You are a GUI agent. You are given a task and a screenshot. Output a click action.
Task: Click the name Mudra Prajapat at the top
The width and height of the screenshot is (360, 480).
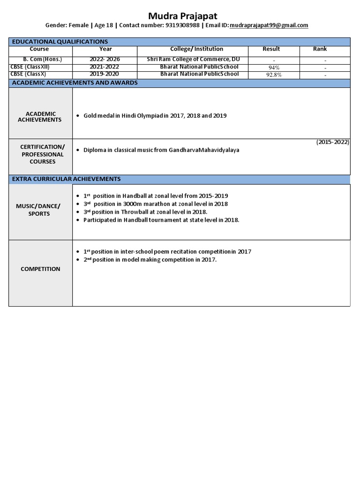(180, 16)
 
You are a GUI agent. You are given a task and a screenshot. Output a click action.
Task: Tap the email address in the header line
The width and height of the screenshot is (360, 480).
(269, 25)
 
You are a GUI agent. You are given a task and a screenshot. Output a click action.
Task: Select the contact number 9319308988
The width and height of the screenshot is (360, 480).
(182, 25)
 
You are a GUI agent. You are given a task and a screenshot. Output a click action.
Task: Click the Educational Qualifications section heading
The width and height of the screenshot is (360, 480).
(60, 42)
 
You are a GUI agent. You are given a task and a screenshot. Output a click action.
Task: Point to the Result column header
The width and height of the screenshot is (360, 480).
(271, 49)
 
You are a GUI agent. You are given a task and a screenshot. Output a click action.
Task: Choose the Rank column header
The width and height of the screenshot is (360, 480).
(320, 49)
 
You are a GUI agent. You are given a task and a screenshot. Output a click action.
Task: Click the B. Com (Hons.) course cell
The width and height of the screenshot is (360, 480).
(39, 60)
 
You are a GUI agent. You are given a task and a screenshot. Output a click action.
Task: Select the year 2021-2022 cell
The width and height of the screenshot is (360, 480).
(105, 67)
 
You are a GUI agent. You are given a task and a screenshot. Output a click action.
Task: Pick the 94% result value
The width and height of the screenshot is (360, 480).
(274, 67)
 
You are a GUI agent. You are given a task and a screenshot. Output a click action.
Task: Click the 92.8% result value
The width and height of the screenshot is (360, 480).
(274, 75)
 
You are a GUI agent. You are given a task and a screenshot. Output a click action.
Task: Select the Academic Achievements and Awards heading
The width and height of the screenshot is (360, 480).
(75, 82)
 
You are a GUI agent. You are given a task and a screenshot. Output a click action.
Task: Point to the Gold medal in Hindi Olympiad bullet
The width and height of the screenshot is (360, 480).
(155, 115)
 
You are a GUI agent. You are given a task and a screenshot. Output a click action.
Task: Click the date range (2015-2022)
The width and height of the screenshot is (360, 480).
(332, 142)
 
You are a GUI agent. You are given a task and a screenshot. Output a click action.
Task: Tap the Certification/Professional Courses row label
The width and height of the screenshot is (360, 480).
(41, 154)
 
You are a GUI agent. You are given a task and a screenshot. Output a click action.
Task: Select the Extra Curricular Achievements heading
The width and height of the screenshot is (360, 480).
(66, 179)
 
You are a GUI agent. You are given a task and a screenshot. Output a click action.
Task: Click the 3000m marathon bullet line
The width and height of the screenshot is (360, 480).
(155, 204)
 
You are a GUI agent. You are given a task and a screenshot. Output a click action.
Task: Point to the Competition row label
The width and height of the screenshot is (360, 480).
(40, 269)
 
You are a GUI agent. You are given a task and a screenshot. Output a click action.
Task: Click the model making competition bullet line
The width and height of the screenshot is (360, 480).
(150, 260)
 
